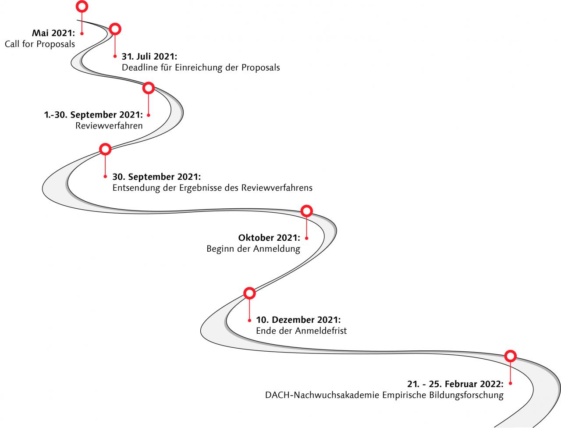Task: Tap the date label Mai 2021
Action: (x=53, y=33)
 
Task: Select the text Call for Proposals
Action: (x=40, y=44)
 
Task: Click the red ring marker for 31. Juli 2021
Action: (x=115, y=24)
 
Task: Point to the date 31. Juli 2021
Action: (x=149, y=57)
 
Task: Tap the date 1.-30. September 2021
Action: (x=93, y=115)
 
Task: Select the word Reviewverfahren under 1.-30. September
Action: (x=109, y=126)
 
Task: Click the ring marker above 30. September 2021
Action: (x=105, y=144)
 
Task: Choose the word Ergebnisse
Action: (x=201, y=188)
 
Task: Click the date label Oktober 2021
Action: (x=269, y=238)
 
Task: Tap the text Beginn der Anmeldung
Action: (x=253, y=249)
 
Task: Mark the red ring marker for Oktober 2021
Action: (x=307, y=206)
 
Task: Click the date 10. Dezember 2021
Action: (x=298, y=320)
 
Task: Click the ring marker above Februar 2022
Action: (x=511, y=351)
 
